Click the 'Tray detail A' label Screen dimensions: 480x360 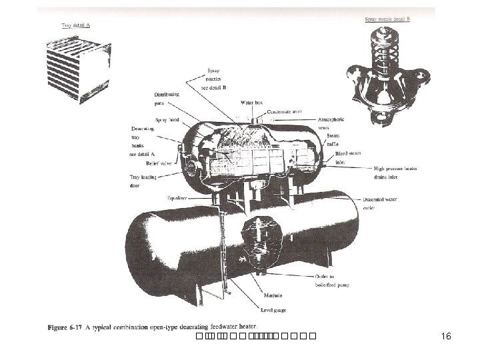75,25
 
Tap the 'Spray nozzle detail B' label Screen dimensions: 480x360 387,19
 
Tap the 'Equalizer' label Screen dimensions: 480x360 179,198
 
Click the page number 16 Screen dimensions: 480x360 446,337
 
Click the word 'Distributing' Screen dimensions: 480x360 166,94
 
